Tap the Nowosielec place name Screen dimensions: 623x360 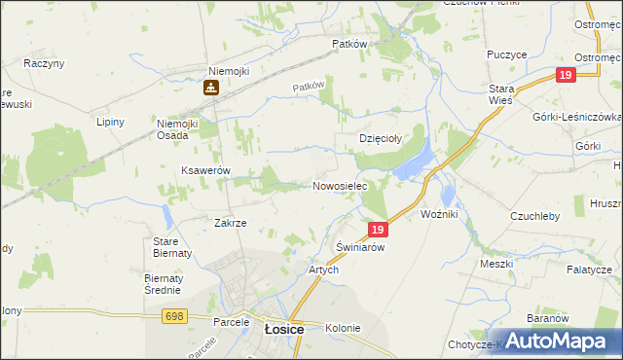tap(339, 185)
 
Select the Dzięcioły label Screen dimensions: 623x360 tap(381, 139)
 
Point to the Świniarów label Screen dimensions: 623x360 tap(360, 248)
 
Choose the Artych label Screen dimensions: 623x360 tap(323, 270)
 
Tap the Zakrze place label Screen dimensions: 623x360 tap(230, 223)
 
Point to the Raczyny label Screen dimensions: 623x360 tap(44, 63)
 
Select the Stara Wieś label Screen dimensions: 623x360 tap(500, 94)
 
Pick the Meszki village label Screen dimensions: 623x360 tap(495, 264)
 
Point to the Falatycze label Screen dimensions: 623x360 tap(590, 270)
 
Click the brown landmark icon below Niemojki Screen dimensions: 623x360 tap(209, 88)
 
